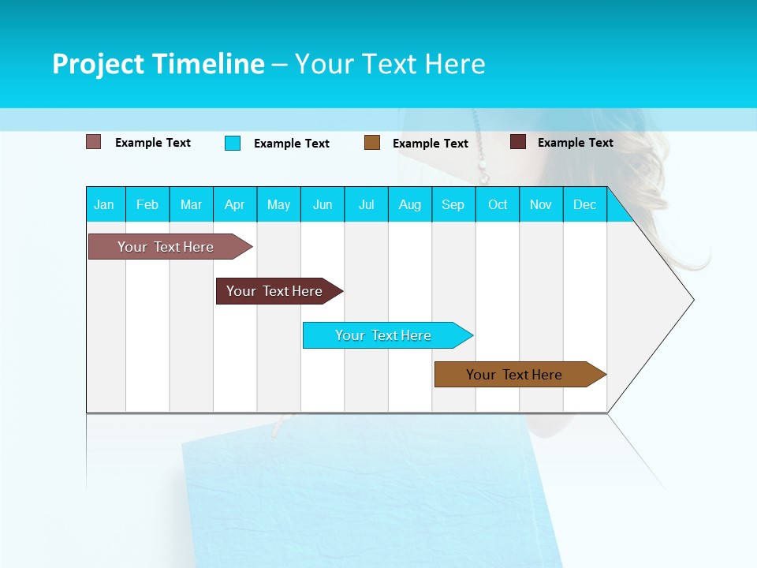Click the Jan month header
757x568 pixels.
click(x=105, y=204)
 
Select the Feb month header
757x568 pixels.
click(x=147, y=204)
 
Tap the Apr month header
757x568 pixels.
click(x=235, y=204)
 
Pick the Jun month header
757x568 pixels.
click(x=323, y=204)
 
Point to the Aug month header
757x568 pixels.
click(x=410, y=204)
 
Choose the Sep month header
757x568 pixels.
click(x=453, y=204)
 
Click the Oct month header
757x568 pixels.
click(x=498, y=204)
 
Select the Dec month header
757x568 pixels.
click(x=585, y=204)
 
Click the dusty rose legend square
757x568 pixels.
click(x=94, y=142)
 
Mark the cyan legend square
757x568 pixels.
click(x=233, y=143)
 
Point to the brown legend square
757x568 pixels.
click(x=372, y=143)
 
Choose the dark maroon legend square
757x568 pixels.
click(x=518, y=142)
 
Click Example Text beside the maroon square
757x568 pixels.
click(x=575, y=143)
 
